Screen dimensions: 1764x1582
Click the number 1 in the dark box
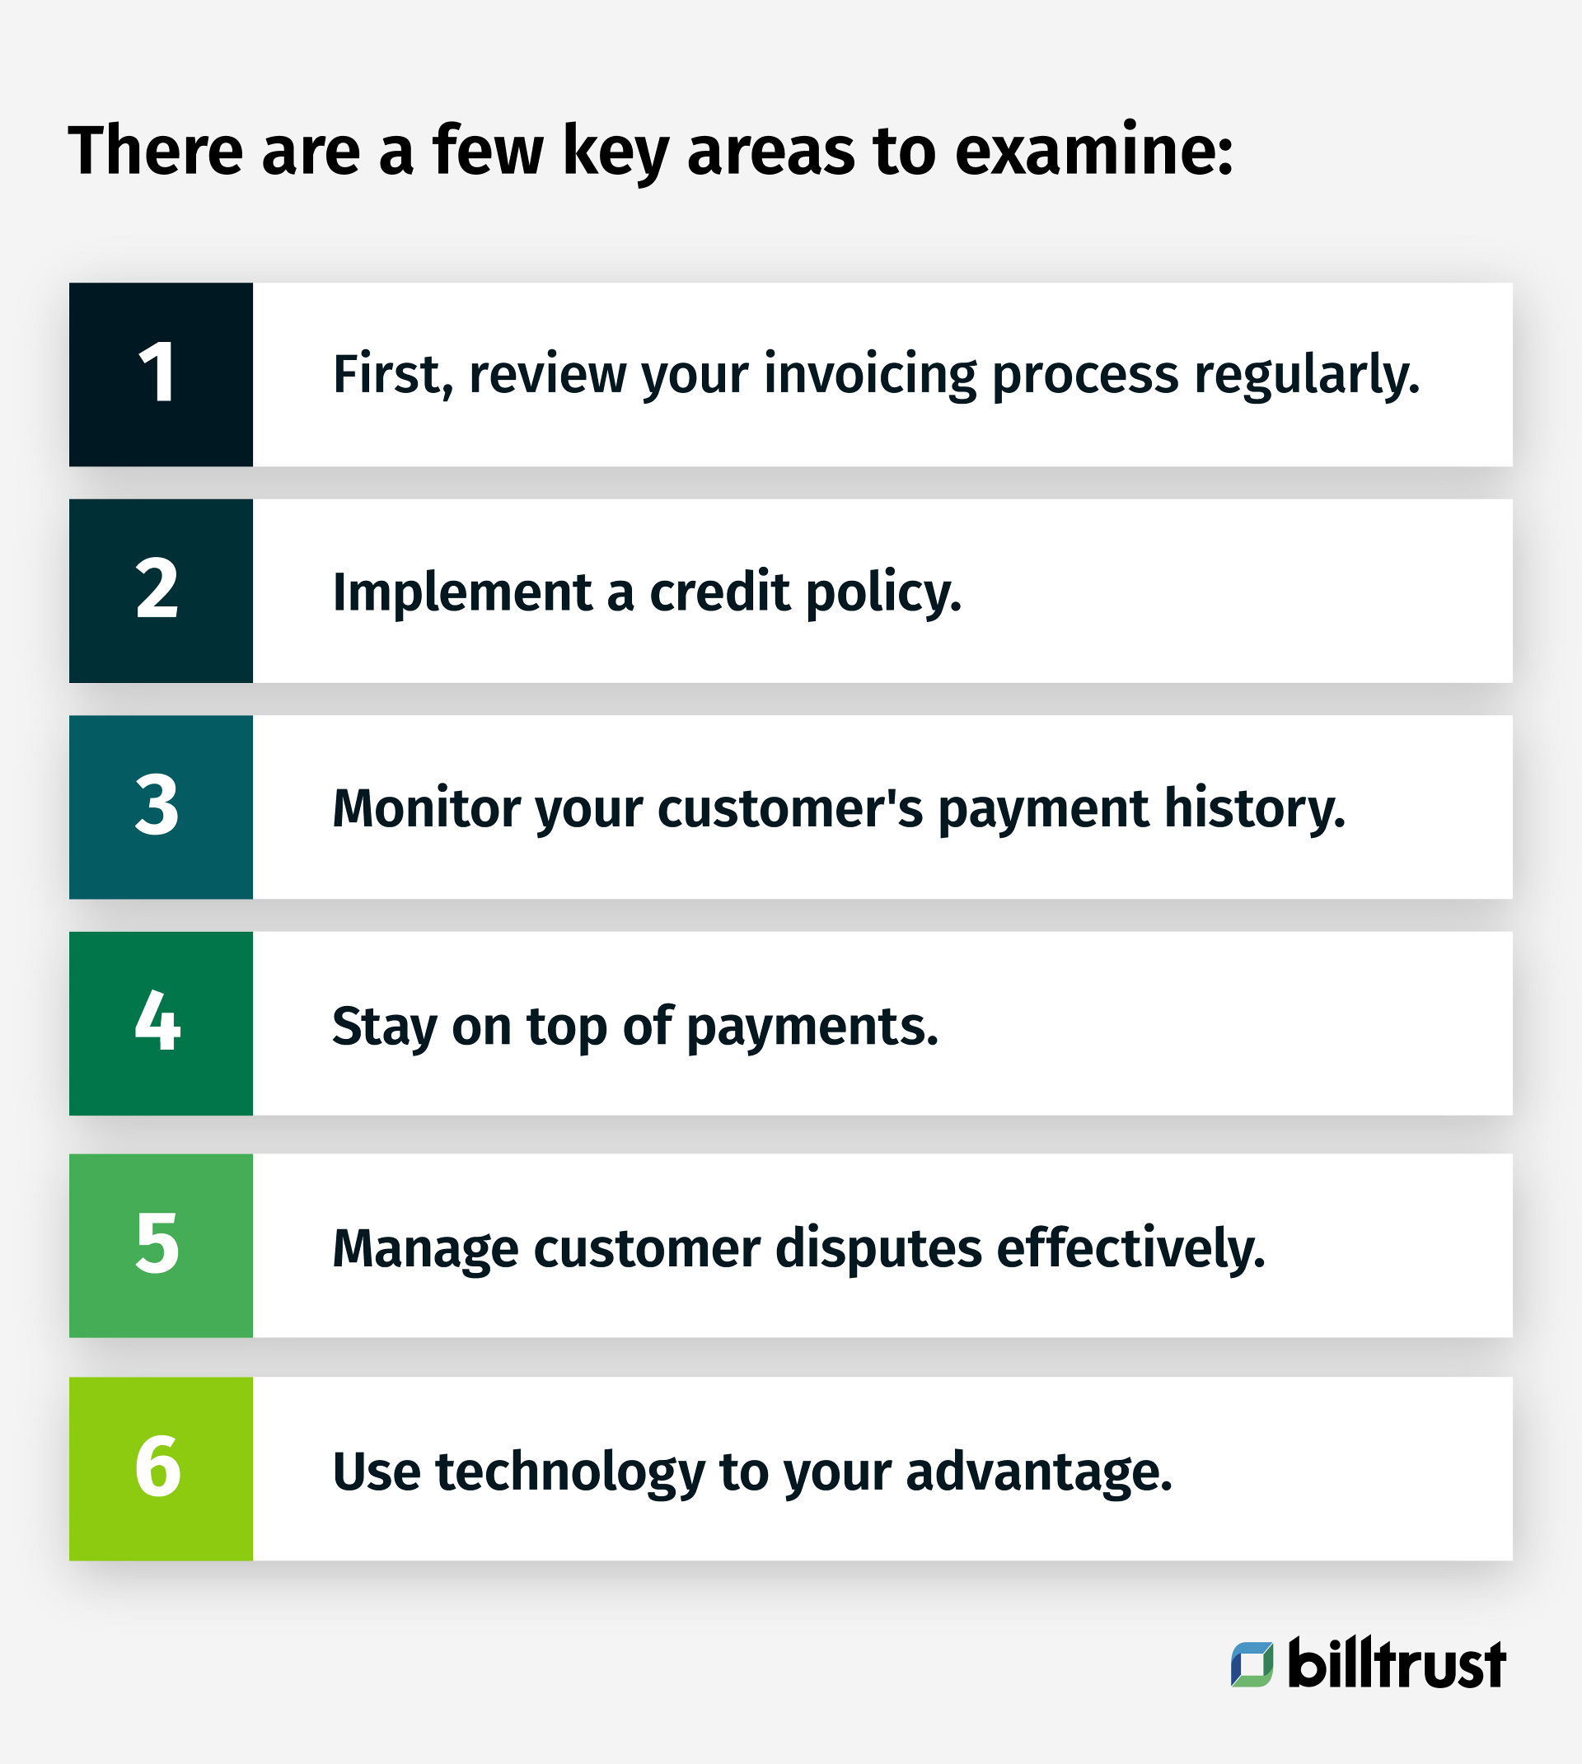point(158,374)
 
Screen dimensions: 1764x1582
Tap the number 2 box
point(158,590)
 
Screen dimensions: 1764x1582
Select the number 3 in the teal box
point(158,807)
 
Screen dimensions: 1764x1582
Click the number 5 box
point(158,1244)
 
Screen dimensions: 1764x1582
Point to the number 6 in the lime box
point(158,1467)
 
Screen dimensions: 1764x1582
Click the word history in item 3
point(1254,809)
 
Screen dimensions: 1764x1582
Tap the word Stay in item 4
point(384,1027)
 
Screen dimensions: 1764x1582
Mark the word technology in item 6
point(570,1473)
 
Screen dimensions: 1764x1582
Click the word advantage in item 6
point(1039,1473)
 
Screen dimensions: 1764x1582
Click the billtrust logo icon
point(1252,1664)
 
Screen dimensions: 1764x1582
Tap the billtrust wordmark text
point(1396,1664)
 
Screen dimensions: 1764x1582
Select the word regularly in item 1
point(1307,376)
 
